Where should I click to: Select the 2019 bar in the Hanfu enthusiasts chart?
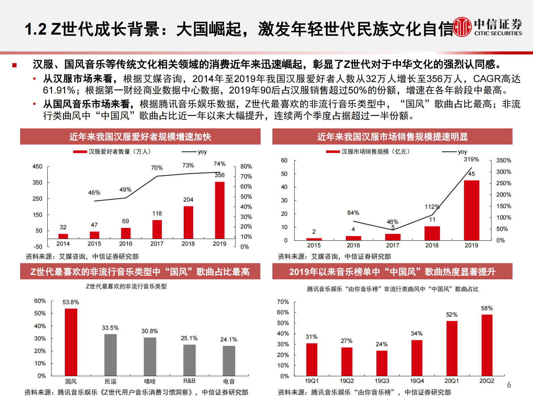click(x=220, y=210)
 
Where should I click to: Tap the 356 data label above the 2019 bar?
click(x=220, y=175)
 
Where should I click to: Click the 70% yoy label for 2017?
click(x=157, y=168)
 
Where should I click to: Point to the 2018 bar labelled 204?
click(x=188, y=222)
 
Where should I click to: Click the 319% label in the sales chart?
click(x=471, y=159)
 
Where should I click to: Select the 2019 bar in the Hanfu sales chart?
click(x=471, y=210)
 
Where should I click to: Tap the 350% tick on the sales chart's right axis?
click(x=503, y=160)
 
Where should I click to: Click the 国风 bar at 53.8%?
click(x=71, y=342)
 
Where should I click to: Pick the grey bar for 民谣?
click(x=110, y=355)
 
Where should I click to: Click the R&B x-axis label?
click(x=189, y=381)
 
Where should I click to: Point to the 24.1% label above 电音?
click(x=229, y=339)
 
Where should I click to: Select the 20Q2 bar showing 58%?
click(x=487, y=345)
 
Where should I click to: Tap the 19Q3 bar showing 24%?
click(x=382, y=363)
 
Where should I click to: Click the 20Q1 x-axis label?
click(x=452, y=381)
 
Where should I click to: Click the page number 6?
click(x=509, y=385)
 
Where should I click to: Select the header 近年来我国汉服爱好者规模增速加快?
click(x=140, y=137)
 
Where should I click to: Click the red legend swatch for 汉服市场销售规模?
click(x=332, y=152)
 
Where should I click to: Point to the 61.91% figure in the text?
click(x=59, y=90)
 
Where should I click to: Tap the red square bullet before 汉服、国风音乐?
click(x=14, y=65)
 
